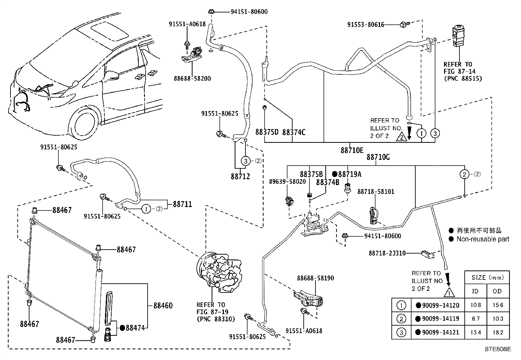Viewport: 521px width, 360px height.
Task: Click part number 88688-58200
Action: coord(192,79)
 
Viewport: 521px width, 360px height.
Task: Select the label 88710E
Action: coord(352,150)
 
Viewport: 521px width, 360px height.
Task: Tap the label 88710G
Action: coord(378,157)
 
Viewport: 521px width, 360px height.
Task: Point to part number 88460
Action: coord(163,306)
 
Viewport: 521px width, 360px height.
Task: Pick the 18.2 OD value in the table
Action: coord(498,332)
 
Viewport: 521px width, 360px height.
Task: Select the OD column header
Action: coord(498,291)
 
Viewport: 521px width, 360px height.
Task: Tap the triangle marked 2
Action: coord(401,137)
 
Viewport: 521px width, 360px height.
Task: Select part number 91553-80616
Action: coord(366,24)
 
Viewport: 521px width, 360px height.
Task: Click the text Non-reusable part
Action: coord(483,239)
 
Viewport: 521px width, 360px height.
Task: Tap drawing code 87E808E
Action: coord(497,349)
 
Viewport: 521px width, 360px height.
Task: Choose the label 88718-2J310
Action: coord(387,253)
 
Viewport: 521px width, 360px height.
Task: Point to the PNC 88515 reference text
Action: coord(463,79)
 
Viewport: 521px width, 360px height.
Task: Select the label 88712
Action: coord(240,176)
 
